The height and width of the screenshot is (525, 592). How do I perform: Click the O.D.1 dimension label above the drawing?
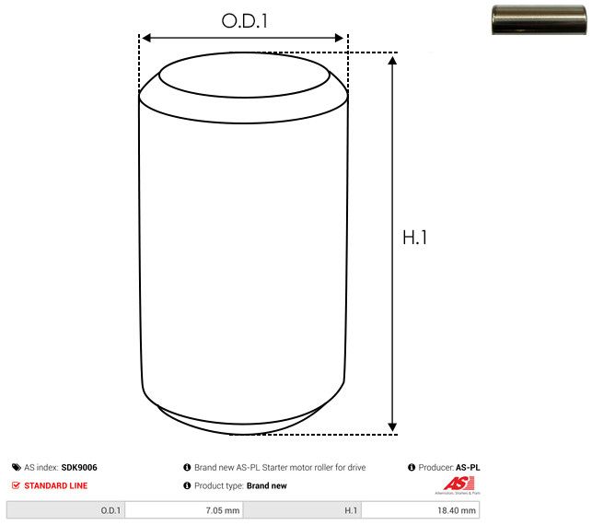(245, 19)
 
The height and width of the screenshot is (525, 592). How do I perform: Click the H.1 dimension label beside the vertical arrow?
(416, 237)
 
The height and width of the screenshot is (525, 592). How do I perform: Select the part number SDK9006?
(79, 468)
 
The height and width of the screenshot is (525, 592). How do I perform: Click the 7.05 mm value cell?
(184, 509)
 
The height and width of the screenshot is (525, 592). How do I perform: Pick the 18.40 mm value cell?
(421, 509)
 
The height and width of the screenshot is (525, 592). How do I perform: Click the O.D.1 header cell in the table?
(65, 509)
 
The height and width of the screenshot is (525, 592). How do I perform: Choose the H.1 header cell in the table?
(302, 509)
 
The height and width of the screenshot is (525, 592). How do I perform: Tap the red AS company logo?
(458, 484)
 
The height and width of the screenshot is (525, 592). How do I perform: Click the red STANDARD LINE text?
(55, 485)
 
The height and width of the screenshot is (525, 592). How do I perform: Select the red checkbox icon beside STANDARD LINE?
(16, 485)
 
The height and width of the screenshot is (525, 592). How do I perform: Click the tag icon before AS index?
(16, 468)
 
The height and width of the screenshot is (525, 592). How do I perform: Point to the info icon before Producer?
(412, 468)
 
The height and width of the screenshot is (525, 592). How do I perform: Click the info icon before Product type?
(187, 485)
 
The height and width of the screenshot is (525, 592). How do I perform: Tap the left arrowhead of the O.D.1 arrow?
(145, 38)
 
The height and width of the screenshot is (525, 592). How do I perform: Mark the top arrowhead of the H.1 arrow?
(393, 61)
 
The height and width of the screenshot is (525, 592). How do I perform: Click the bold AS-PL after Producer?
(468, 468)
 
